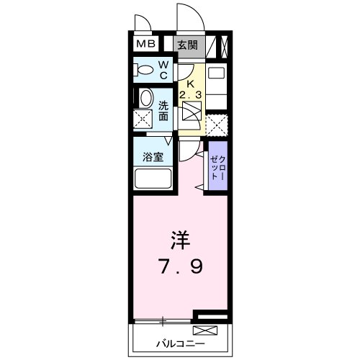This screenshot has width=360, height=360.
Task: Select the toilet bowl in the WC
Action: pos(143,71)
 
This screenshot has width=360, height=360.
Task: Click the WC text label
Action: pos(163,70)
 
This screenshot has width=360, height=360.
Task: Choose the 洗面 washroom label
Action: pos(163,109)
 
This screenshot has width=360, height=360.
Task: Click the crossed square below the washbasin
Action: pos(143,120)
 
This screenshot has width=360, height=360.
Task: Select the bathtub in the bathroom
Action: pos(151,177)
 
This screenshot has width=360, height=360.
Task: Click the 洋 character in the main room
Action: pos(180,238)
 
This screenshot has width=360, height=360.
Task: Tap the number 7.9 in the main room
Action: pos(181,266)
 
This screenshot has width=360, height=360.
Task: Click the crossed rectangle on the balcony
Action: pos(204,331)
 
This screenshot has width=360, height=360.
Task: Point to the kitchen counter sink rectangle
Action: pos(215,75)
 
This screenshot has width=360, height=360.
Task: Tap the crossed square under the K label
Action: pos(192,114)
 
